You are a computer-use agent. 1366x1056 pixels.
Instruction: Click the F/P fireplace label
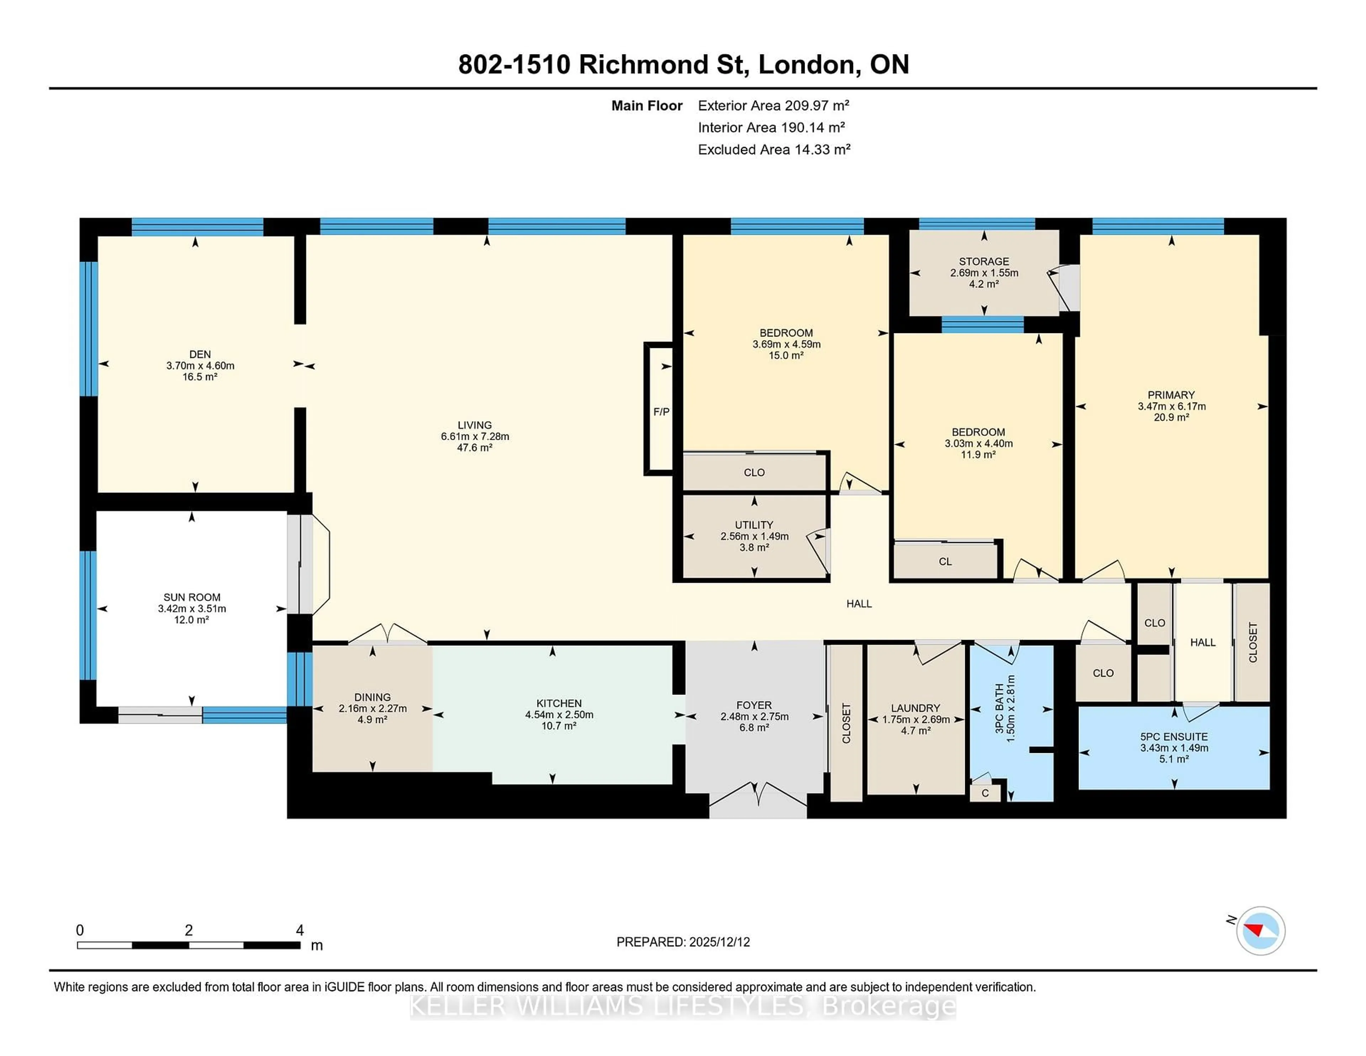click(x=661, y=412)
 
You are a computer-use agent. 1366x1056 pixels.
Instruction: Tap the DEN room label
click(x=200, y=354)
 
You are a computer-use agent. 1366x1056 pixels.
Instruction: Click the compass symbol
click(x=1260, y=930)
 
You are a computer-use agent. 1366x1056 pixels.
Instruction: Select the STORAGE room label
click(x=984, y=262)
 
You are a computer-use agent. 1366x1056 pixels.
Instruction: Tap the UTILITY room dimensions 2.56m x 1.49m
click(x=754, y=536)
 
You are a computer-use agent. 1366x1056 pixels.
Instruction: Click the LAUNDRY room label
click(x=915, y=708)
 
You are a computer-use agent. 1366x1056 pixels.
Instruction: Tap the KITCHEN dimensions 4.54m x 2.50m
click(x=558, y=714)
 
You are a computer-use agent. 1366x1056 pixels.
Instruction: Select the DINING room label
click(x=372, y=697)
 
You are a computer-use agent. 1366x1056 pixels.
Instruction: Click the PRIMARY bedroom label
click(x=1171, y=395)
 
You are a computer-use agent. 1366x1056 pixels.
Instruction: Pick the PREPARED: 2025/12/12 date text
click(x=683, y=942)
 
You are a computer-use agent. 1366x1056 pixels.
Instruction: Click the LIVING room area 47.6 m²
click(x=475, y=447)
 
